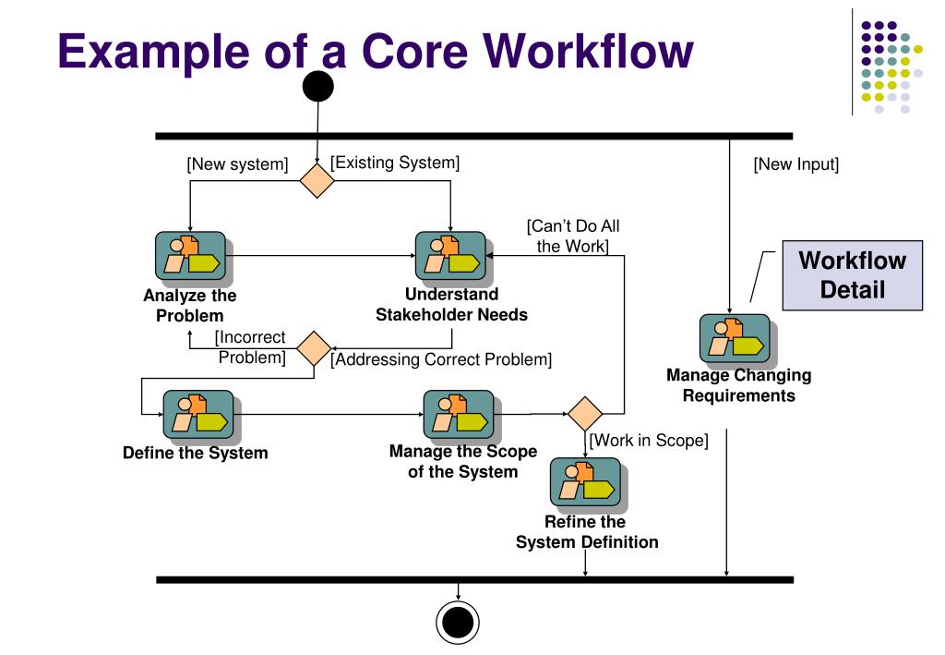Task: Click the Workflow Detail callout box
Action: tap(852, 274)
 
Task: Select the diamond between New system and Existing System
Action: tap(317, 180)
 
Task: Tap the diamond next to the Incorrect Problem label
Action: tap(314, 347)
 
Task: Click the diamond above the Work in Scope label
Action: tap(585, 412)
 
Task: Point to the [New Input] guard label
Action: tap(795, 165)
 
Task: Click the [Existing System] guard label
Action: tap(395, 164)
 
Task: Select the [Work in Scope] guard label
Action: tap(649, 441)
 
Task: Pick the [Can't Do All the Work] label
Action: tap(572, 237)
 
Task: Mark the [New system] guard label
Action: tap(237, 165)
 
